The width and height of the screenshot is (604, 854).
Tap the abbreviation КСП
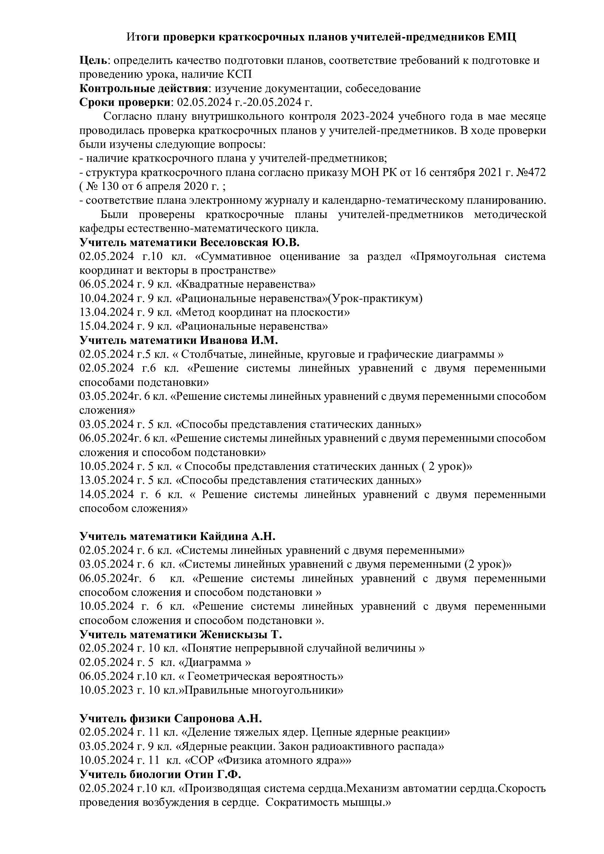239,74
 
